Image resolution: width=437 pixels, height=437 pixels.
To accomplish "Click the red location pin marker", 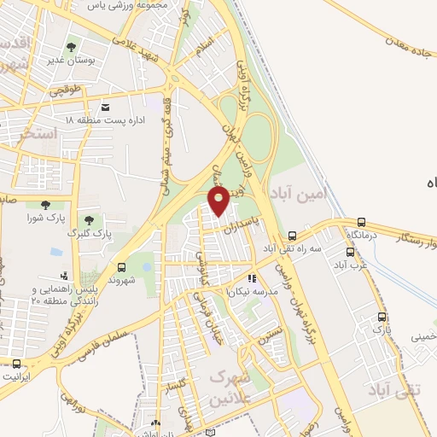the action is [218, 200].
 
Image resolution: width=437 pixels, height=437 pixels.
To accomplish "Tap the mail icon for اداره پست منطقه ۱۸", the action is [106, 108].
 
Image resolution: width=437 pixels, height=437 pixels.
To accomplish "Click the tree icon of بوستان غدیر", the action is [71, 48].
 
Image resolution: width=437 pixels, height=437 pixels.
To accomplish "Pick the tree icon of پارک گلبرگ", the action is [87, 221].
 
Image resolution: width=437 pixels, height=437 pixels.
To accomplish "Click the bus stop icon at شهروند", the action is [121, 266].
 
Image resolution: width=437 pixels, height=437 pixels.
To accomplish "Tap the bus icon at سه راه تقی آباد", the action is [293, 236].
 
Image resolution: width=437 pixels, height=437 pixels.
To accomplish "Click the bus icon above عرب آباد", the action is [350, 252].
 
